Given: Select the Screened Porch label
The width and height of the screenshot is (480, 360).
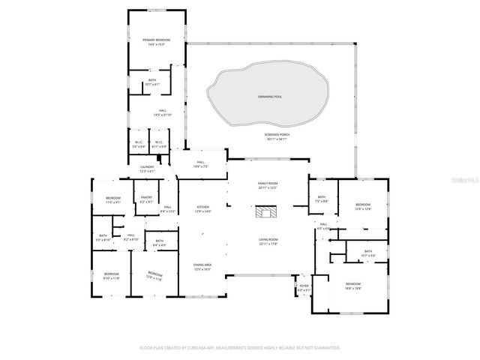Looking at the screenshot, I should click(x=277, y=136).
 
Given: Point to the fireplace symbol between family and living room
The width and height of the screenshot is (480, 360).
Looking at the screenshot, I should click(x=266, y=213).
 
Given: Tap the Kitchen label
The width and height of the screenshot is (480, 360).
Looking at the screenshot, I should click(x=203, y=208).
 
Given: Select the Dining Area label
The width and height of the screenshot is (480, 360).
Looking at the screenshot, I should click(x=202, y=266).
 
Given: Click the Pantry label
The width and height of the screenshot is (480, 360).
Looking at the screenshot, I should click(x=146, y=200).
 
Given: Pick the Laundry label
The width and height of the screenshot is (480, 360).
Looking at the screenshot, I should click(x=146, y=169).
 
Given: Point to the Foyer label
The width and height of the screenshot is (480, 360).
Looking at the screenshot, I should click(x=304, y=287).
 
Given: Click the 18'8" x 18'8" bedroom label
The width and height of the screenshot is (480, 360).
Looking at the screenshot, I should click(x=352, y=286).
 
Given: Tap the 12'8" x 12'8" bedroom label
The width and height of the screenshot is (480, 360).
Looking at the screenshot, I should click(x=363, y=206).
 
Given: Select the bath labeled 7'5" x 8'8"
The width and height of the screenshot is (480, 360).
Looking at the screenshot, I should click(x=321, y=199).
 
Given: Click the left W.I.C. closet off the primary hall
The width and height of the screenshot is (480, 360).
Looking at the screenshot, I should click(x=139, y=144).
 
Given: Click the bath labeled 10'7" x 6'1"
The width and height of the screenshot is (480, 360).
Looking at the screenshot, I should click(x=152, y=82).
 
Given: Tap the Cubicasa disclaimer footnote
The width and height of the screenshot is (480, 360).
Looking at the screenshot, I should click(x=240, y=348).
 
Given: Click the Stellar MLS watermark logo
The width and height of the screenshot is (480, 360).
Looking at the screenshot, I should click(x=463, y=180).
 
